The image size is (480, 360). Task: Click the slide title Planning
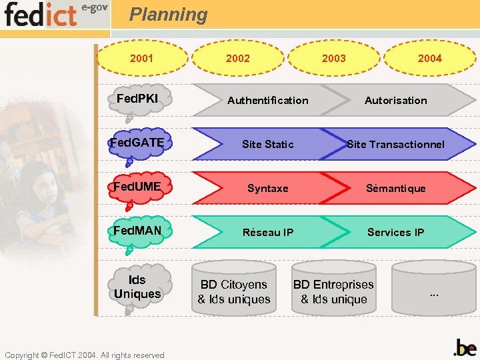point(168,15)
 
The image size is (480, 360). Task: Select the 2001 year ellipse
point(141,58)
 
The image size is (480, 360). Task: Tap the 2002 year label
point(238,58)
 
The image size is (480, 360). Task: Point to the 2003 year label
point(333,58)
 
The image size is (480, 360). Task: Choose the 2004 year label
point(429,58)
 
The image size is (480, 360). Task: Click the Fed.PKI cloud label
point(137,99)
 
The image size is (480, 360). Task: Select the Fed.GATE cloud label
point(137,142)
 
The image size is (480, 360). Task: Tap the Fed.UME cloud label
point(137,186)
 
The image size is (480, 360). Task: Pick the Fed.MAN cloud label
point(137,231)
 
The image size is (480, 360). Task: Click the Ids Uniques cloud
point(137,287)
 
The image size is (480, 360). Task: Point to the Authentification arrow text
point(267,101)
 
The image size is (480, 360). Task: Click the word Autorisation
point(395,101)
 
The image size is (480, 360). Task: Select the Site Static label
point(267,145)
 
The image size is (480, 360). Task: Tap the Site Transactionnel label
point(395,145)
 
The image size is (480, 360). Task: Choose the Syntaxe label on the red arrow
point(267,189)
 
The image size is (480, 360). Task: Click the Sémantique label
point(395,189)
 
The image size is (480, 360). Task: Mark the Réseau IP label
point(267,233)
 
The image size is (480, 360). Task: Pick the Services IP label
point(395,233)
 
